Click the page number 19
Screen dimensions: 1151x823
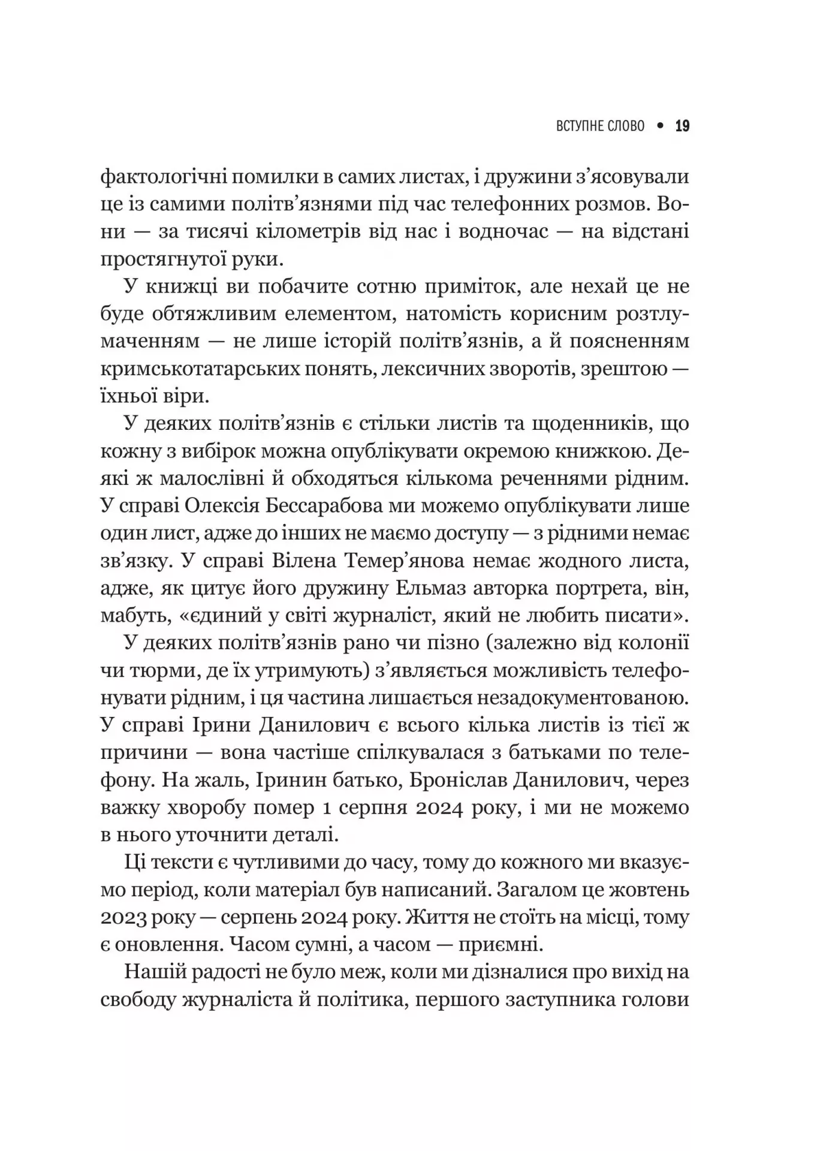click(682, 126)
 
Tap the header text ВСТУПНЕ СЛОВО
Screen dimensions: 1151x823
click(601, 126)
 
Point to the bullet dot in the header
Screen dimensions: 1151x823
click(661, 126)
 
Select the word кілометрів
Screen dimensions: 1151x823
click(300, 232)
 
